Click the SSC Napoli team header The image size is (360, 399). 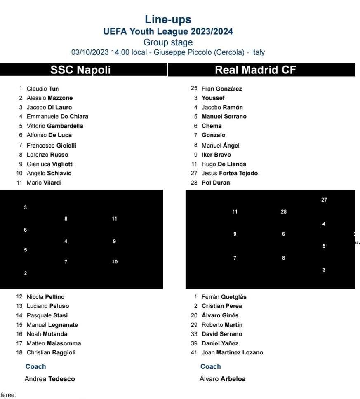click(x=80, y=70)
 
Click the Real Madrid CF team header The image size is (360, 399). click(x=255, y=70)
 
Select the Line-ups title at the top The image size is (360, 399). click(x=168, y=19)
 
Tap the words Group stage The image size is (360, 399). click(x=168, y=42)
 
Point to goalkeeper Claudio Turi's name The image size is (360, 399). click(x=43, y=89)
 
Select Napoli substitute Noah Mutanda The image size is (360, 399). click(x=47, y=334)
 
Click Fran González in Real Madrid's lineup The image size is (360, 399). click(x=221, y=89)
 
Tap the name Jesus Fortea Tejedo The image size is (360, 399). click(x=229, y=173)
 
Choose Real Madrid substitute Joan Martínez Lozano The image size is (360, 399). click(x=232, y=352)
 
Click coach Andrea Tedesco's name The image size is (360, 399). click(x=49, y=379)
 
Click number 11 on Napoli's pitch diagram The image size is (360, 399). click(x=115, y=218)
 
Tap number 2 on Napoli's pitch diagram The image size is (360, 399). click(x=26, y=273)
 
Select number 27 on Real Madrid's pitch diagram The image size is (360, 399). click(x=324, y=200)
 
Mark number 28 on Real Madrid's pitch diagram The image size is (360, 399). click(x=284, y=212)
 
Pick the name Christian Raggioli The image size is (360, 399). click(x=51, y=352)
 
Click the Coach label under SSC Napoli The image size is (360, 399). click(x=35, y=366)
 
